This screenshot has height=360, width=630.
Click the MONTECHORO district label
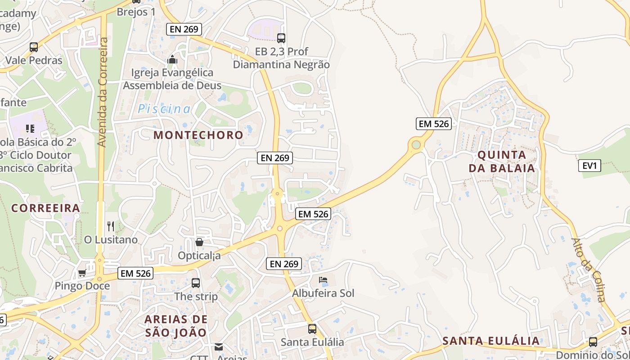click(x=198, y=135)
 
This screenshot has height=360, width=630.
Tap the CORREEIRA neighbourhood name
click(x=45, y=208)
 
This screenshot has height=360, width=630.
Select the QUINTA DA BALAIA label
click(x=502, y=162)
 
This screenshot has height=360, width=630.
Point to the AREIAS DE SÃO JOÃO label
click(x=176, y=326)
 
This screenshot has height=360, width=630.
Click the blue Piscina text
click(x=164, y=109)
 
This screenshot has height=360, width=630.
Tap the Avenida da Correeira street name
click(x=102, y=92)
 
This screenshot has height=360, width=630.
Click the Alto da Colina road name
click(x=589, y=270)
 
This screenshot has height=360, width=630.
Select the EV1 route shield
click(x=589, y=166)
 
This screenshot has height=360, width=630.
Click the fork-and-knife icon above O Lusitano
click(x=111, y=226)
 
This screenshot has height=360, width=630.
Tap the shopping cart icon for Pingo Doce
click(x=82, y=273)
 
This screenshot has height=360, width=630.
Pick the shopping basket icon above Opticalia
click(x=199, y=242)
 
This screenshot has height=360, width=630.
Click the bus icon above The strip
click(x=196, y=283)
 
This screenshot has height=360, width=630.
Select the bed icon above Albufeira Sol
click(x=323, y=280)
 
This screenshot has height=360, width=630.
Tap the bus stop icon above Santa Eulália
click(x=312, y=329)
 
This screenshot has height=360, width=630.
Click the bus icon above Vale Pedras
click(x=34, y=47)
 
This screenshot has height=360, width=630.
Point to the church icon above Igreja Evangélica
click(x=172, y=59)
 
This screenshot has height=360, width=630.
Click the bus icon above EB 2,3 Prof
click(x=281, y=38)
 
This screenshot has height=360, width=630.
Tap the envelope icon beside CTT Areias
click(x=219, y=347)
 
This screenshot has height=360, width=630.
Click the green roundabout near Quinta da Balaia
click(x=416, y=145)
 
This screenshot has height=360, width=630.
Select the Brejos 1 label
click(x=136, y=12)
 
